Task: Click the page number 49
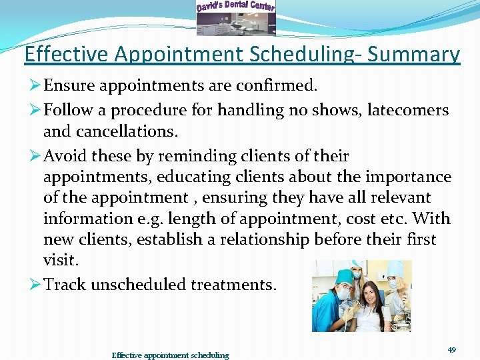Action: click(451, 349)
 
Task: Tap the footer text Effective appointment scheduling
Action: click(170, 355)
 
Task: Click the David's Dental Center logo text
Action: click(235, 7)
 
